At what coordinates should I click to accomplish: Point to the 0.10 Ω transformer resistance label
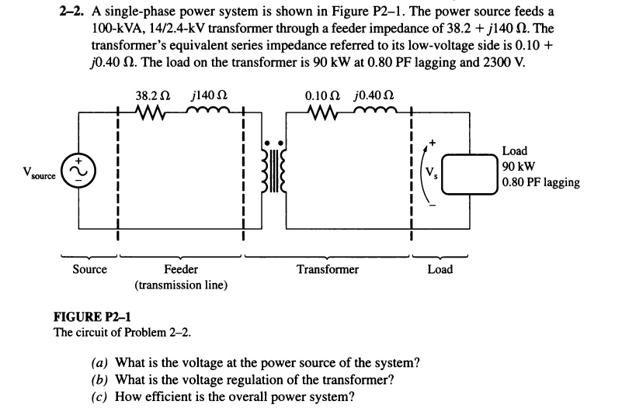click(x=321, y=97)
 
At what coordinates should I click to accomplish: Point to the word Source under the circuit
click(x=89, y=269)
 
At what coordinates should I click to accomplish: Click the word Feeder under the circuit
click(x=181, y=269)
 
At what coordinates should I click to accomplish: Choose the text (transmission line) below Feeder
click(x=181, y=285)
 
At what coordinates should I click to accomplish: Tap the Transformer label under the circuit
click(x=328, y=269)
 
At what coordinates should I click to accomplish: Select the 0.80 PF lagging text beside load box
click(x=540, y=182)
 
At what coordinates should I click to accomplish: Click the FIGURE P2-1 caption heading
click(x=92, y=317)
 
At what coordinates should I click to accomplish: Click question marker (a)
click(x=100, y=364)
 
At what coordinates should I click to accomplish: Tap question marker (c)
click(x=100, y=396)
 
